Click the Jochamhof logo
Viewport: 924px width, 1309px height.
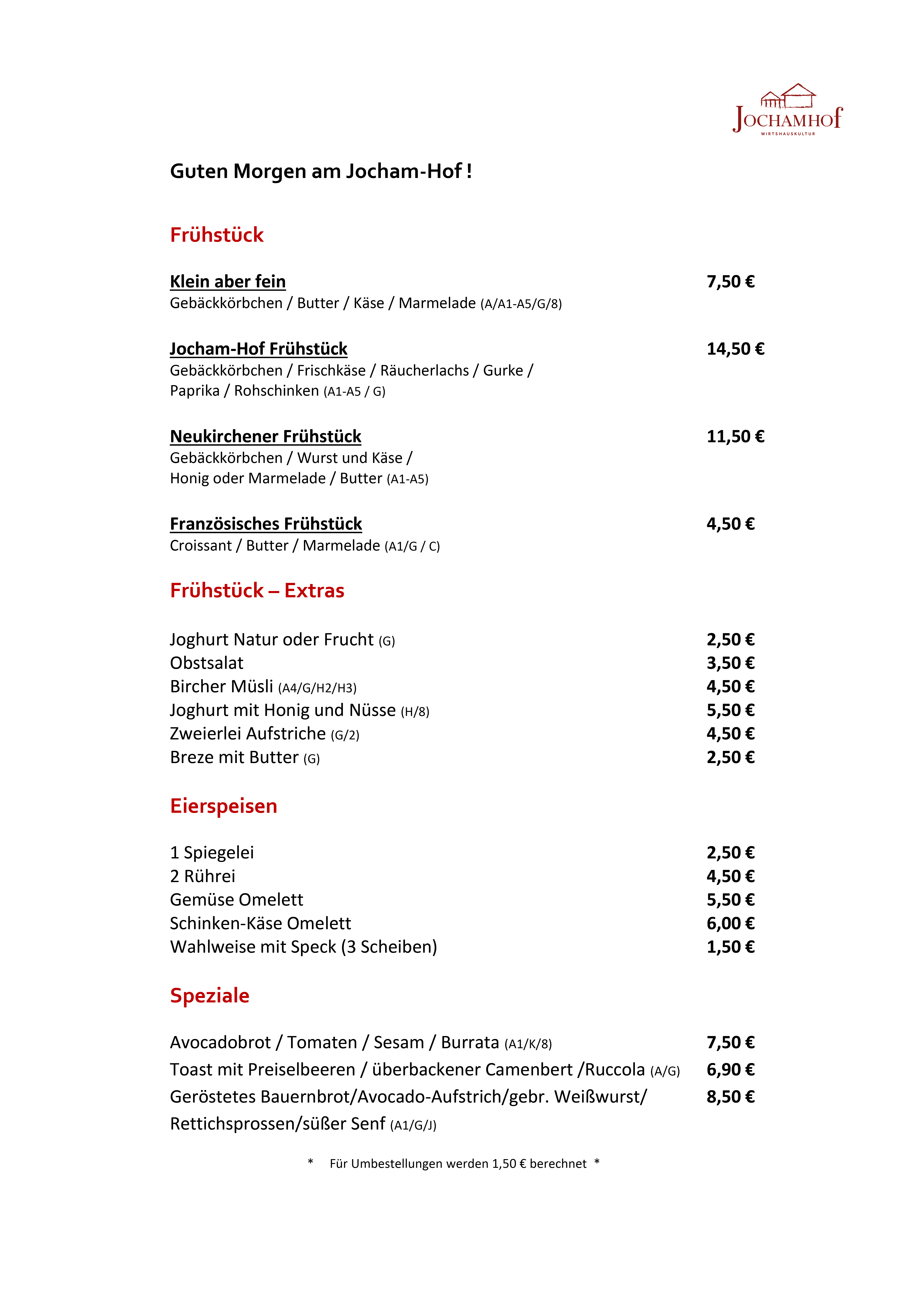tap(787, 110)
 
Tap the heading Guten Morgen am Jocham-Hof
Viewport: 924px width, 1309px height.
tap(320, 171)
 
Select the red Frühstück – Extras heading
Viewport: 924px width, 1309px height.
tap(257, 591)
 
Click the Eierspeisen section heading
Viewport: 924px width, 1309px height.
tap(223, 806)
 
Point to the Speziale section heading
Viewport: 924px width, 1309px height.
tap(210, 995)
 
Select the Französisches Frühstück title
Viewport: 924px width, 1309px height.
tap(266, 524)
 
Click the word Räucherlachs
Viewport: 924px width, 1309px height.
tap(424, 371)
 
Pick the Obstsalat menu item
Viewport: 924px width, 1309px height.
tap(206, 663)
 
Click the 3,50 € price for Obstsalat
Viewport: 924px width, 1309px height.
tap(730, 663)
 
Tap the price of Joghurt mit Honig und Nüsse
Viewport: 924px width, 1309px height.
tap(730, 710)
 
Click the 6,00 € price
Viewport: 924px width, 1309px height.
tap(730, 924)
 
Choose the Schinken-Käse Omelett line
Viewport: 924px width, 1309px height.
tap(261, 924)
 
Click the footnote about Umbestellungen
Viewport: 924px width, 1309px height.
tap(458, 1164)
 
